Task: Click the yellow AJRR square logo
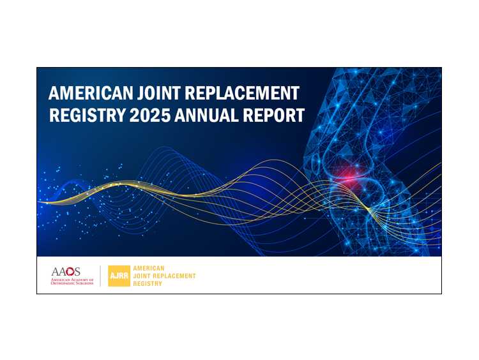click(119, 276)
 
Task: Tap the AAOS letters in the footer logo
click(66, 271)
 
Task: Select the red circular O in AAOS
click(71, 271)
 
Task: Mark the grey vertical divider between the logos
click(100, 276)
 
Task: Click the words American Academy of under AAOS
click(72, 279)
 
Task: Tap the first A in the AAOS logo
click(55, 271)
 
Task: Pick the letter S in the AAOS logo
click(78, 271)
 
